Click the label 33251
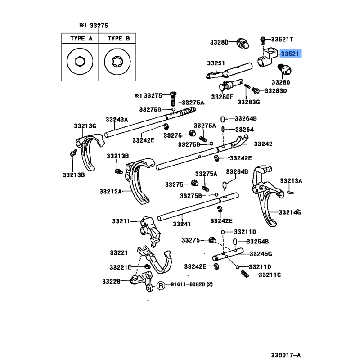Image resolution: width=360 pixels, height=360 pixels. [x=216, y=63]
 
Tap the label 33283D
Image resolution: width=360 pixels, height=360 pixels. [x=275, y=90]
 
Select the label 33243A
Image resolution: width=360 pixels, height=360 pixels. [x=117, y=120]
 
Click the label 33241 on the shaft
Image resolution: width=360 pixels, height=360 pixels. [x=182, y=224]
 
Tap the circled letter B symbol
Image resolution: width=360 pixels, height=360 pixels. [x=161, y=285]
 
